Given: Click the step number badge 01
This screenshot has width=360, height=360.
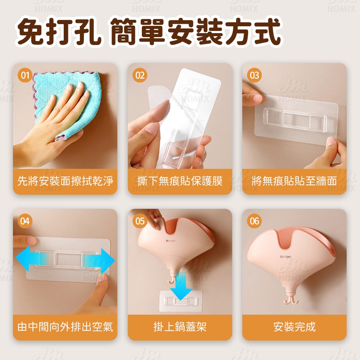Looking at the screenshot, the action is click(25, 75).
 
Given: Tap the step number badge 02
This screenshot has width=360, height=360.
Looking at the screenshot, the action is click(140, 75).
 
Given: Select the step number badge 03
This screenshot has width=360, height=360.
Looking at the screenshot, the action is click(255, 75).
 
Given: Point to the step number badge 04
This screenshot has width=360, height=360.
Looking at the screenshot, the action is click(25, 221).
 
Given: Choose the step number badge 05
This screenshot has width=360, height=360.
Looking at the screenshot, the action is click(140, 221).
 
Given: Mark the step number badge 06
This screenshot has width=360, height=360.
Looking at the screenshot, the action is click(255, 221).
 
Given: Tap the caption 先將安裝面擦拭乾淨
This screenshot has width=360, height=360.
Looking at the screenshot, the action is click(65, 181).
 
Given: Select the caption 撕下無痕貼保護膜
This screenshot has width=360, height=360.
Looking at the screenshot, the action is click(180, 181).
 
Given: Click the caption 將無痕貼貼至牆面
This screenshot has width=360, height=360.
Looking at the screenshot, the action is click(294, 181).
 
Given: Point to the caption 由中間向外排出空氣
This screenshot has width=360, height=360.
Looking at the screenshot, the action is click(65, 327).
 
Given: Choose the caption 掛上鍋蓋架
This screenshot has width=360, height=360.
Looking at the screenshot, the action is click(180, 327).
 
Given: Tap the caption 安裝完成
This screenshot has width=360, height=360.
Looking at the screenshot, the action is click(294, 327).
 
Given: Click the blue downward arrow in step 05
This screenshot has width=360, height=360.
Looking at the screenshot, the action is click(181, 287).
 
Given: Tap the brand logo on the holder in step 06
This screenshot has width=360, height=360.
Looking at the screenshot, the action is click(285, 257).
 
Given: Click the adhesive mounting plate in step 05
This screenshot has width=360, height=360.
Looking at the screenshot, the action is click(181, 301).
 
